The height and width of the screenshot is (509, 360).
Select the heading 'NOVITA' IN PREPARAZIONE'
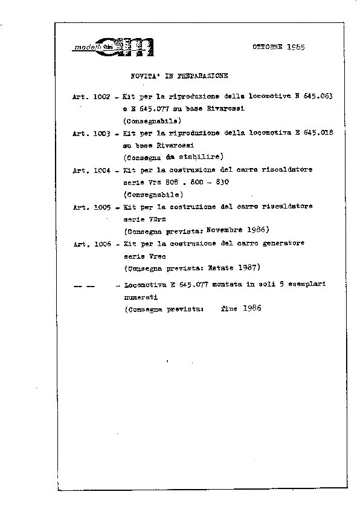[179, 76]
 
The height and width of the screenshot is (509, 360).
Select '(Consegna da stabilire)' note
[172, 157]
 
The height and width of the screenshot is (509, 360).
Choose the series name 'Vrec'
[156, 255]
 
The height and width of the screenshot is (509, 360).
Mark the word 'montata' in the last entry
[214, 284]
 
